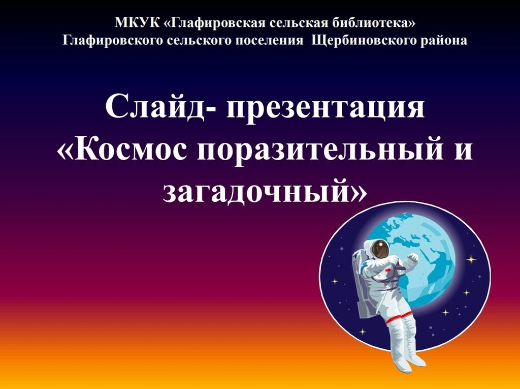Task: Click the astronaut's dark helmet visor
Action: (x=380, y=249)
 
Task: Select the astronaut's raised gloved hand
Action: (x=412, y=258)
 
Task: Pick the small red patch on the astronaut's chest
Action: (x=387, y=270)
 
